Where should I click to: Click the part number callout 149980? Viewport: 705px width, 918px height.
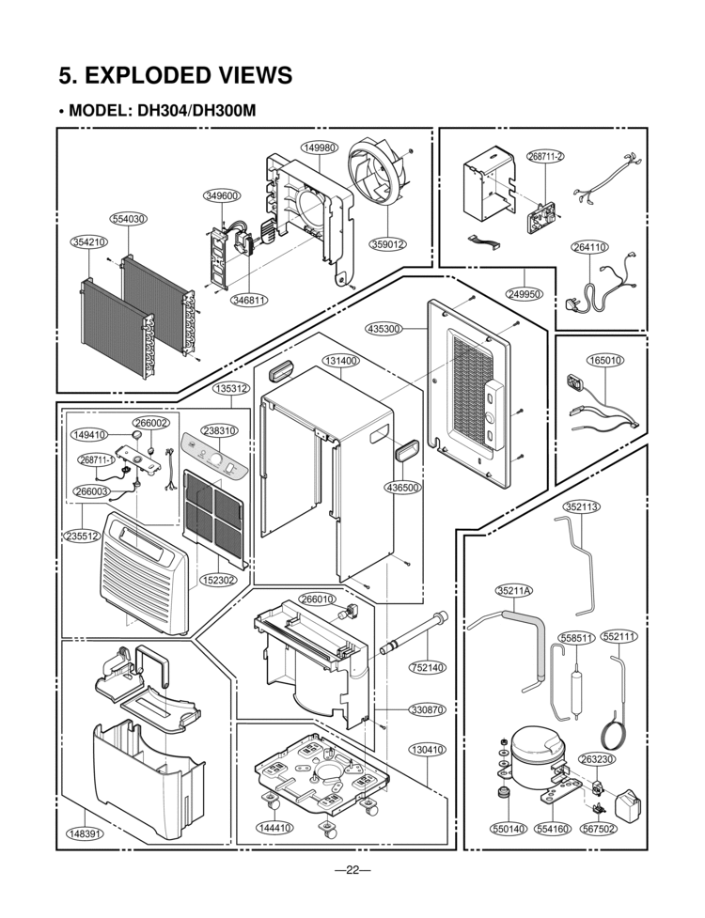click(x=320, y=148)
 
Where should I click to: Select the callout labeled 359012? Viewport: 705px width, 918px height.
click(x=387, y=243)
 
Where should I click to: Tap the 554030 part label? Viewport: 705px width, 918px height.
click(x=128, y=219)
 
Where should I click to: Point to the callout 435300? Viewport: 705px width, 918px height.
click(x=384, y=329)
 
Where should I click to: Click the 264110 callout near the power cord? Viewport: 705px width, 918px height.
click(x=588, y=247)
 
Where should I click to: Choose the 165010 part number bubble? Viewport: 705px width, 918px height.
click(x=604, y=360)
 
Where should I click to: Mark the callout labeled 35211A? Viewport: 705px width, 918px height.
click(x=513, y=591)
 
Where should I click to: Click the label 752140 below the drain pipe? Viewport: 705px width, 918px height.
click(x=427, y=667)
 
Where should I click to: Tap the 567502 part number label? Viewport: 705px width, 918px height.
click(x=599, y=829)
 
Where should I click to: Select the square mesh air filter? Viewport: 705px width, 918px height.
click(x=213, y=512)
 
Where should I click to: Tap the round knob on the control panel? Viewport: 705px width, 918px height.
click(x=216, y=459)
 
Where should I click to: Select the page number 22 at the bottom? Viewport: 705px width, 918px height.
click(x=352, y=870)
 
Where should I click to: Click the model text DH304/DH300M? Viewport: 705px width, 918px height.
click(x=196, y=111)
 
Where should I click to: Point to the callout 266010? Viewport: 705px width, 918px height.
click(x=318, y=599)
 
